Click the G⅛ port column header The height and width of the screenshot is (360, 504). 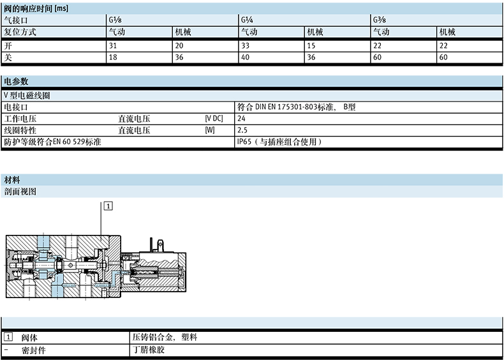113,20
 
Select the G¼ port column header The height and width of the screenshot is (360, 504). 245,20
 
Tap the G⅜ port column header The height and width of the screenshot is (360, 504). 377,20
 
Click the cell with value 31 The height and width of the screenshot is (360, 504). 112,46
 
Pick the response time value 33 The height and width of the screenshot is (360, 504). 245,46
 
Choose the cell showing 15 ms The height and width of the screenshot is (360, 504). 311,46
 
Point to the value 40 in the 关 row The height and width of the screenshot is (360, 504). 245,57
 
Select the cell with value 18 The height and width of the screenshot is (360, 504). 112,57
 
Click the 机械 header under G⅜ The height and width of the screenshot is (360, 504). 447,32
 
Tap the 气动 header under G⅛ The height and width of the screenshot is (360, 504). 117,32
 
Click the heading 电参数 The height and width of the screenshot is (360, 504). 16,82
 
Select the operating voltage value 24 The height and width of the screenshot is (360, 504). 241,119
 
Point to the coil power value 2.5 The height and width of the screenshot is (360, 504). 242,131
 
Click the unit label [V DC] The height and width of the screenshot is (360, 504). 214,119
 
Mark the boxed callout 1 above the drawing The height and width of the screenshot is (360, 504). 108,206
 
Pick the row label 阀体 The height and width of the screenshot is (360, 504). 29,338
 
